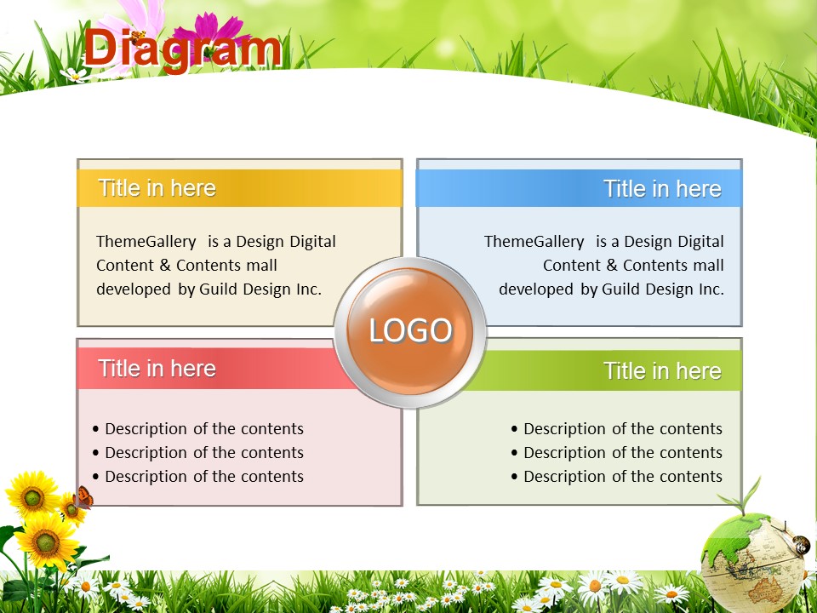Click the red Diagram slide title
(x=182, y=49)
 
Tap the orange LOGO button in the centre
(x=410, y=331)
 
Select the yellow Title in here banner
(x=240, y=188)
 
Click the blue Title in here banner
(x=579, y=188)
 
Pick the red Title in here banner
(x=209, y=369)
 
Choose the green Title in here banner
(x=604, y=370)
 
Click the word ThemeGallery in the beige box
(x=146, y=242)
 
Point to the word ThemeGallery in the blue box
(x=534, y=242)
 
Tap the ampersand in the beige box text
(x=165, y=266)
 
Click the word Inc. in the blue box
(x=711, y=289)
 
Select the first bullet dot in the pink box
(x=95, y=429)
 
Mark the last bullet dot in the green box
(x=514, y=477)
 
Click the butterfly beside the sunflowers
(x=83, y=497)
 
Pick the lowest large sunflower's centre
(x=47, y=542)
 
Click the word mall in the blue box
(x=708, y=266)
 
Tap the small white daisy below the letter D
(x=76, y=76)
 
